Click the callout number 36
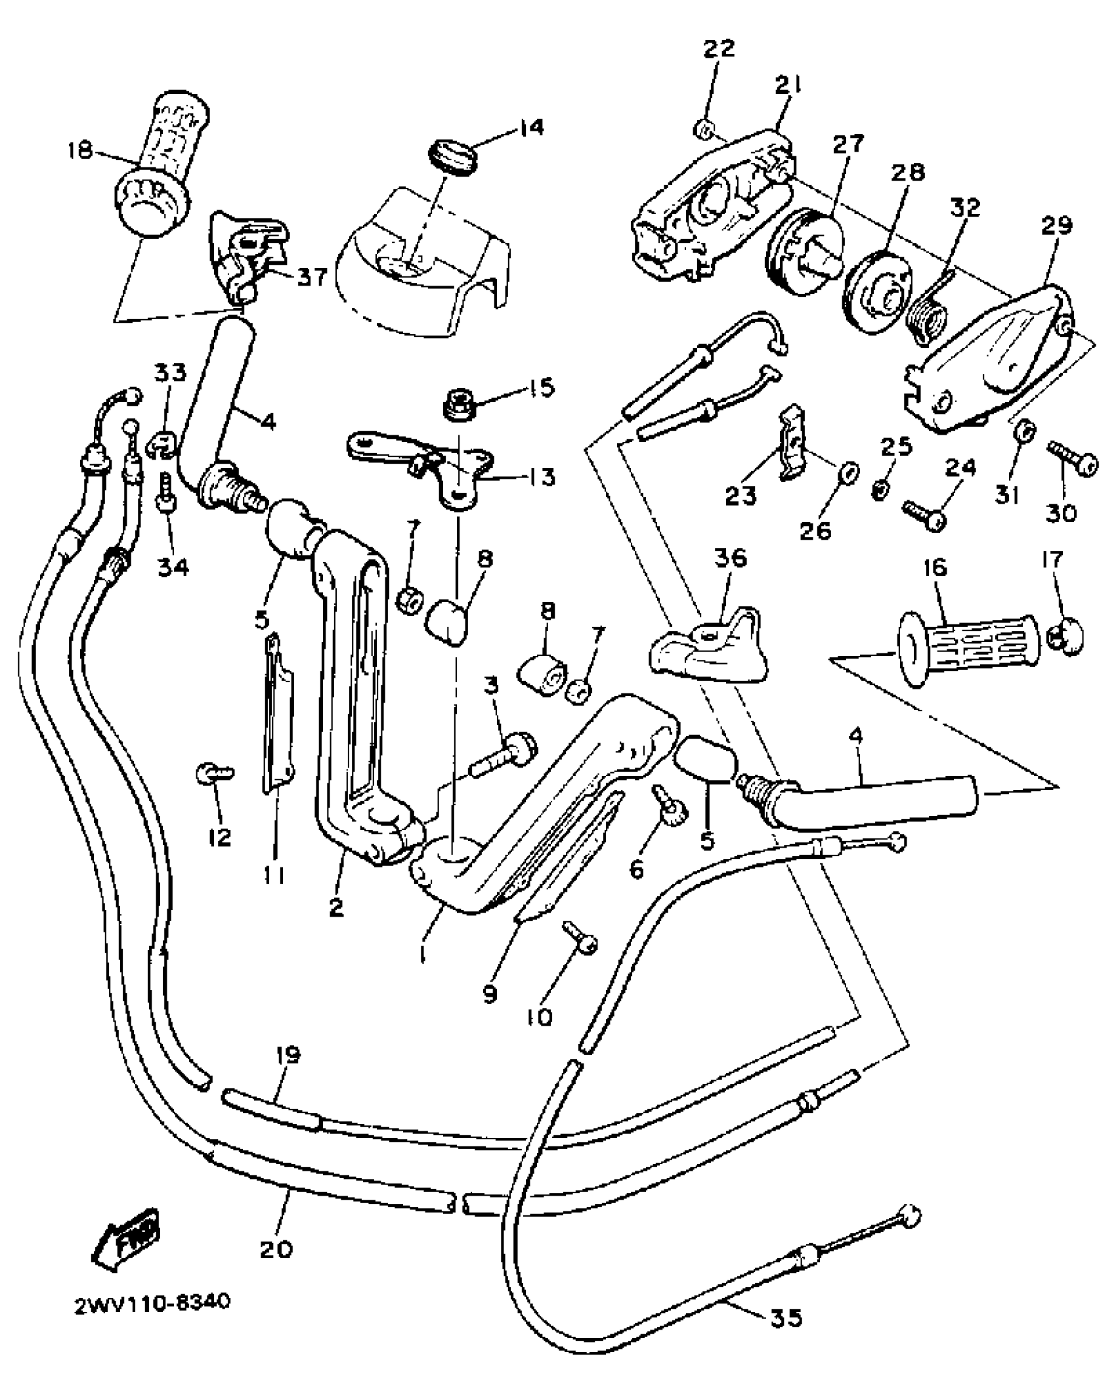click(731, 559)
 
